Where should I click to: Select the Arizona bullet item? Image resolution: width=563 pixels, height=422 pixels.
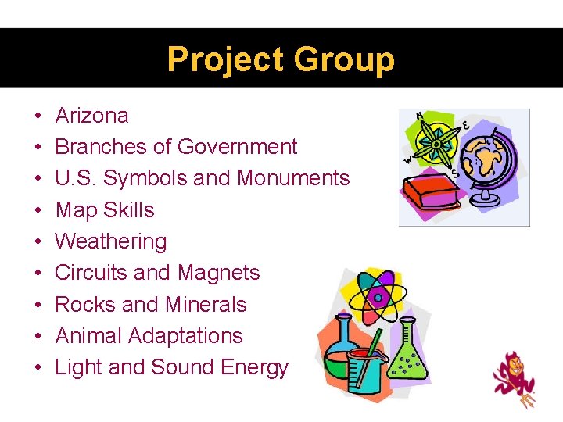coord(91,116)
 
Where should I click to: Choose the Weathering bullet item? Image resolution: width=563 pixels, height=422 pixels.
coord(110,241)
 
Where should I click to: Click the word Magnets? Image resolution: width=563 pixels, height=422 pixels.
coord(218,273)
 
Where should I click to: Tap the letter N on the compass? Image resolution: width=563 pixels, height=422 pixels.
coord(420,116)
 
